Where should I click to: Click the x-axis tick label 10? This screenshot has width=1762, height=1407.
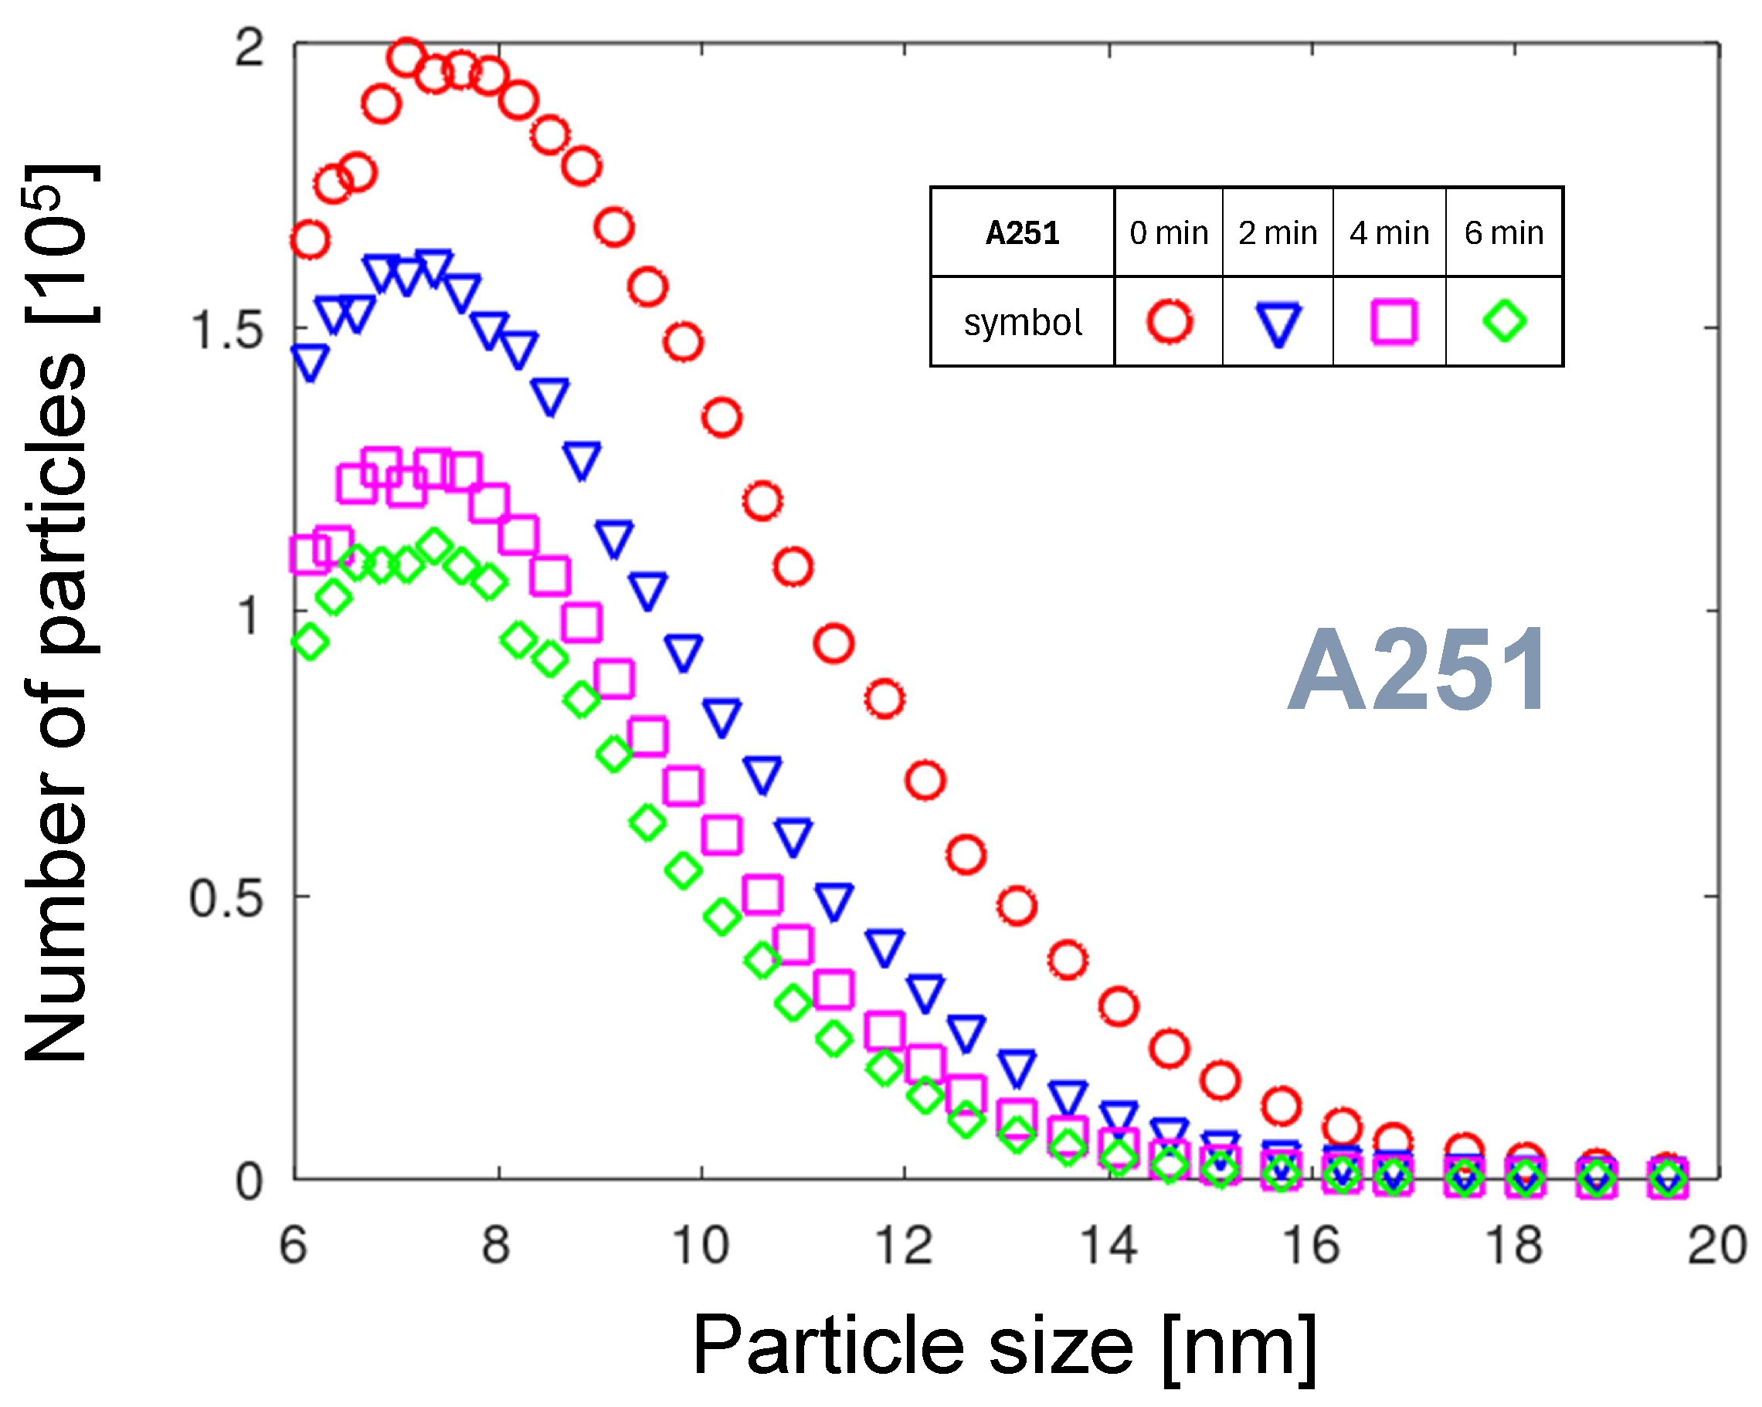coord(701,1246)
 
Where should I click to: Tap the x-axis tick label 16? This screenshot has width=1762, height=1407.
coord(1311,1246)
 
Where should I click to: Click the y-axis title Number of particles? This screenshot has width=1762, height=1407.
coord(56,613)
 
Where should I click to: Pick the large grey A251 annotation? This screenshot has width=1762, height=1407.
coord(1417,670)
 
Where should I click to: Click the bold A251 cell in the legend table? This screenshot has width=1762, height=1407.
coord(1023,234)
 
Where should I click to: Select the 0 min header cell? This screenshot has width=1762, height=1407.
coord(1169,234)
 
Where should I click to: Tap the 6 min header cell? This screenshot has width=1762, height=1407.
coord(1504,234)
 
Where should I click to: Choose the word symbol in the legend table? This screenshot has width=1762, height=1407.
coord(1023,323)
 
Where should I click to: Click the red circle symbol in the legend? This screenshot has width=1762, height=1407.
coord(1170,321)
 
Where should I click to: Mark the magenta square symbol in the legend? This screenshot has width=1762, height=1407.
coord(1393,321)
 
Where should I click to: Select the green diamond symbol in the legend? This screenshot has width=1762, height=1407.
coord(1505,321)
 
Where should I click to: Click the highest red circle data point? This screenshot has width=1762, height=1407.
coord(407,57)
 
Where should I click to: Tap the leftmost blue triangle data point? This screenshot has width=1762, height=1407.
coord(310,361)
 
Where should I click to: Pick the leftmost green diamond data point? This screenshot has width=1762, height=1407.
coord(310,642)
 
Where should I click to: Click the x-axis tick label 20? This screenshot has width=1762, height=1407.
coord(1716,1246)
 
